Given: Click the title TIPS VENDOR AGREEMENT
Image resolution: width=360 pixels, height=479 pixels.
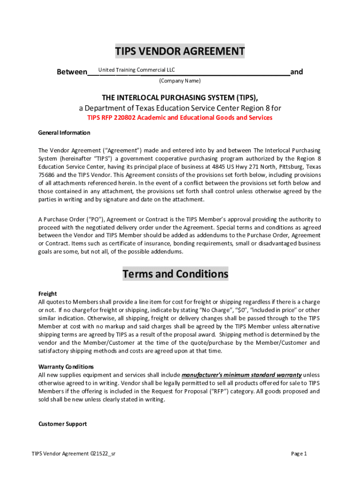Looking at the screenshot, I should point(180,51).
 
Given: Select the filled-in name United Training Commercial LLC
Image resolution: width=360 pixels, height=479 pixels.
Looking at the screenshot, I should point(137,70).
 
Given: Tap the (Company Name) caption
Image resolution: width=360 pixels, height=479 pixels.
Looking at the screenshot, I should point(180,81).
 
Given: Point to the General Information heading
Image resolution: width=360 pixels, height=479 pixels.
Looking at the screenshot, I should point(64,132).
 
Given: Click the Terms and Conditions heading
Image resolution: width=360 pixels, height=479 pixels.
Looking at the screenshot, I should point(175,274).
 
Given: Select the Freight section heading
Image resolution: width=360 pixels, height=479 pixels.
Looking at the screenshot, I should point(47,294).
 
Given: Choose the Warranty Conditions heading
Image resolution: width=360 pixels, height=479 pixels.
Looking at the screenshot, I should point(66,366).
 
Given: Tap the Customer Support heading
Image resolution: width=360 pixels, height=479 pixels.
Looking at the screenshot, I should point(62,424).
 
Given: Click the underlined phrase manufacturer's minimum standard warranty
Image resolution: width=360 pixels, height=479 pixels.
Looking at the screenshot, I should point(241,375).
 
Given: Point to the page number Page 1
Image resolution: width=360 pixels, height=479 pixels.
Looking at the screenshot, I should point(299,453).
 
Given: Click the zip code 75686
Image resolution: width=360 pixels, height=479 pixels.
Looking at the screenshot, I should point(47,174).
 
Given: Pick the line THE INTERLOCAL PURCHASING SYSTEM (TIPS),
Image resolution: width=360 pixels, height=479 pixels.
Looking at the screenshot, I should point(180,97).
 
